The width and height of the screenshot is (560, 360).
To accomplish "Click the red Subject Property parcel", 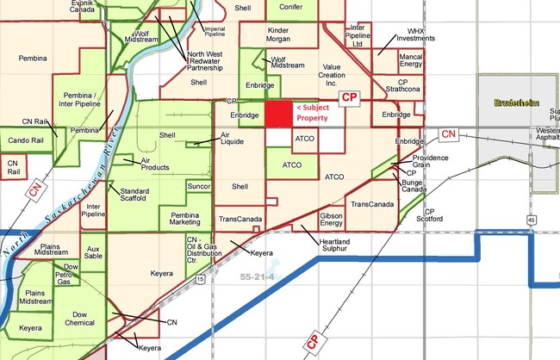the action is (277, 114).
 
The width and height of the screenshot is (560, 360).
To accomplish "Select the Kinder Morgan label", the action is (265, 35).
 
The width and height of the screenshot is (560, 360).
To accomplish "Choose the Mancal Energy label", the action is (411, 60).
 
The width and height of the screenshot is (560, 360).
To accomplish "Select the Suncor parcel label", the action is (199, 186).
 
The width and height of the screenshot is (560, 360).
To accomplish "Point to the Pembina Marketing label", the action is (184, 218).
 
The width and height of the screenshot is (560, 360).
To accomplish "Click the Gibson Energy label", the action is (331, 220).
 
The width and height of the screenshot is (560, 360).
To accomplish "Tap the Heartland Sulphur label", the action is (335, 246).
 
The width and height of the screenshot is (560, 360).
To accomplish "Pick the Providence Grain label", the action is (431, 161).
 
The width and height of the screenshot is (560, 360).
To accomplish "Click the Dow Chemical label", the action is (80, 319).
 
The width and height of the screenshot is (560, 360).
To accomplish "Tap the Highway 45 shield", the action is (532, 220).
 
